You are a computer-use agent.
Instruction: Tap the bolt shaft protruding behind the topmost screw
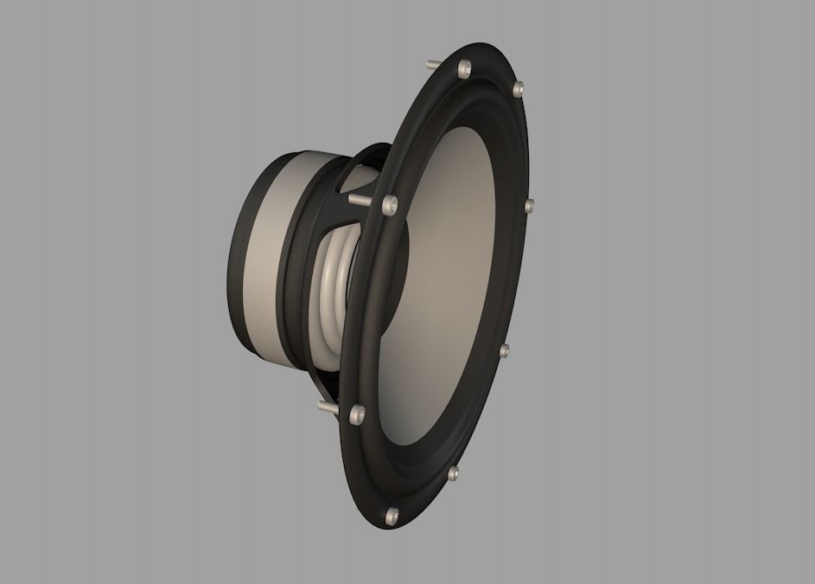(435, 62)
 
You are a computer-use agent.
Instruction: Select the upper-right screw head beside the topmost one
(518, 88)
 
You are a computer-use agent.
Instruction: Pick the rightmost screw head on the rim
(529, 205)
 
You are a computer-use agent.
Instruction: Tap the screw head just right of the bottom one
(453, 472)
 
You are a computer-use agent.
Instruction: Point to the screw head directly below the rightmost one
(504, 350)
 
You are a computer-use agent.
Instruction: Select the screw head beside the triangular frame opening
(389, 204)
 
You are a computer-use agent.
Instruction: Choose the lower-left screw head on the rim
(355, 414)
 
